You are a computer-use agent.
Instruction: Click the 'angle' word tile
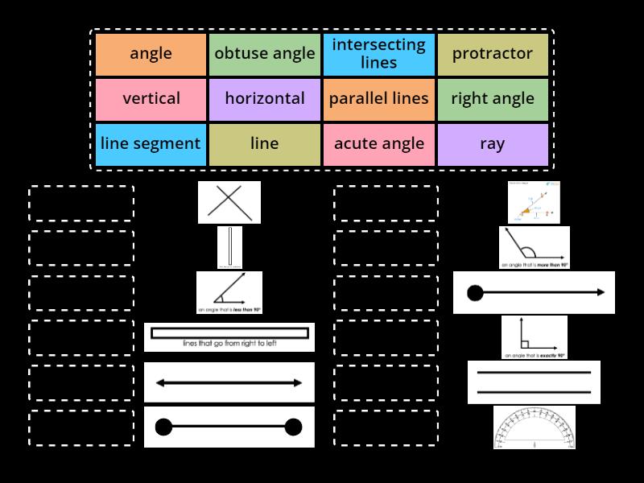tap(151, 54)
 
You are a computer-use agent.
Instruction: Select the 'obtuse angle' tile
tap(265, 54)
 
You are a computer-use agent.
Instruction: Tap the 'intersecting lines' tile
tap(378, 54)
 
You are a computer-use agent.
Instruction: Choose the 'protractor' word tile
tap(492, 54)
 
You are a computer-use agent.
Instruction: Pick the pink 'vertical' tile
tap(151, 99)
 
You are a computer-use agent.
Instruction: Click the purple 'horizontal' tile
tap(265, 99)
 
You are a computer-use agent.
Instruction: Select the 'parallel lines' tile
tap(378, 99)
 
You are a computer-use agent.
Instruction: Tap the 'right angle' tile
tap(492, 99)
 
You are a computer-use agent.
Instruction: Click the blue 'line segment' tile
tap(151, 144)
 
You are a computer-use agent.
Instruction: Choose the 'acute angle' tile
tap(378, 144)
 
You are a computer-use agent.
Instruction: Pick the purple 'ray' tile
tap(492, 144)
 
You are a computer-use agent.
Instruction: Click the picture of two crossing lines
tap(229, 202)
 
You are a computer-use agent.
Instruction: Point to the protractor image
tap(535, 427)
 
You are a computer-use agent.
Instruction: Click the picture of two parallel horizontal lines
tap(535, 382)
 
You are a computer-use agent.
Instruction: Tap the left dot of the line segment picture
tap(163, 427)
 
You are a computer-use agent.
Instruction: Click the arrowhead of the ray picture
tap(601, 292)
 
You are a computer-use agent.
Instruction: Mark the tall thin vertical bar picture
tap(229, 247)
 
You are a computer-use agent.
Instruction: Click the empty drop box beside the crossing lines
tap(81, 203)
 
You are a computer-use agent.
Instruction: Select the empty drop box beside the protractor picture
tap(386, 427)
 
